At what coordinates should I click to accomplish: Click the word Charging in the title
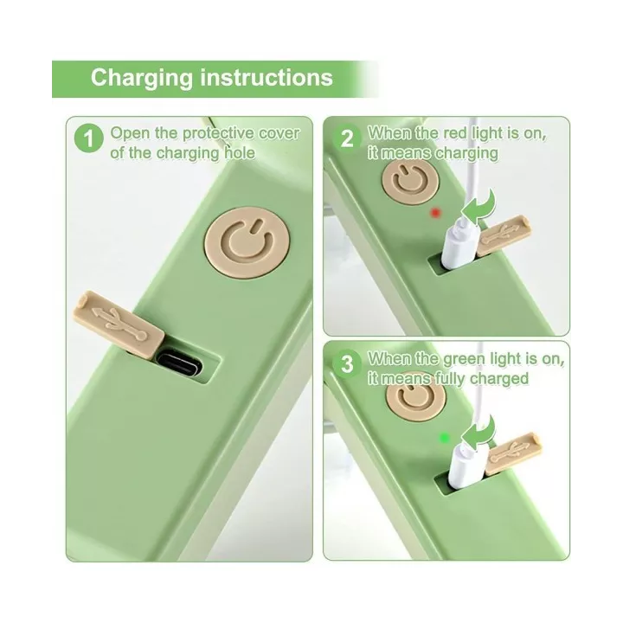(141, 78)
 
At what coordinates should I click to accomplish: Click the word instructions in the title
(267, 77)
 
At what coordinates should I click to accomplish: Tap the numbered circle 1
(88, 138)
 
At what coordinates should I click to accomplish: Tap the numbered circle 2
(347, 139)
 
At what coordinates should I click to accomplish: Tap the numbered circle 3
(347, 364)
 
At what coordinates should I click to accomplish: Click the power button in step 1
(247, 242)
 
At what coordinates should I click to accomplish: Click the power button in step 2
(410, 183)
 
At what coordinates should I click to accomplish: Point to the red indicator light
(436, 213)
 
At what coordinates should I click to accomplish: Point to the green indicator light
(444, 438)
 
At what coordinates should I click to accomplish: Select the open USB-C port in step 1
(179, 362)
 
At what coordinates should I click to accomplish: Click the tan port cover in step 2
(504, 235)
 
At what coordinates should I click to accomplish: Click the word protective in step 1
(218, 133)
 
